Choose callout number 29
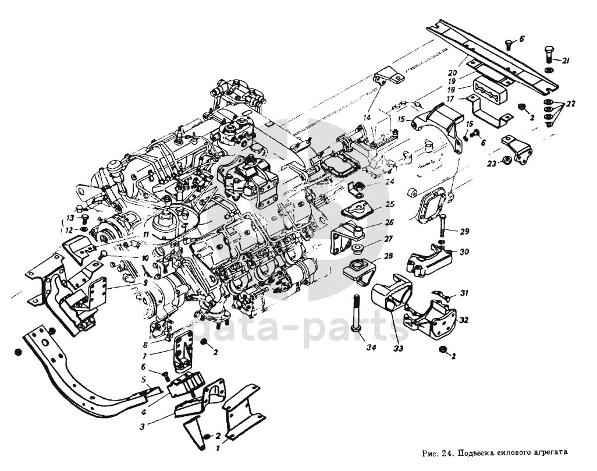(x=464, y=232)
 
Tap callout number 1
(x=218, y=449)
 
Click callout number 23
(x=491, y=165)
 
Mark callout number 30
(x=464, y=252)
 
